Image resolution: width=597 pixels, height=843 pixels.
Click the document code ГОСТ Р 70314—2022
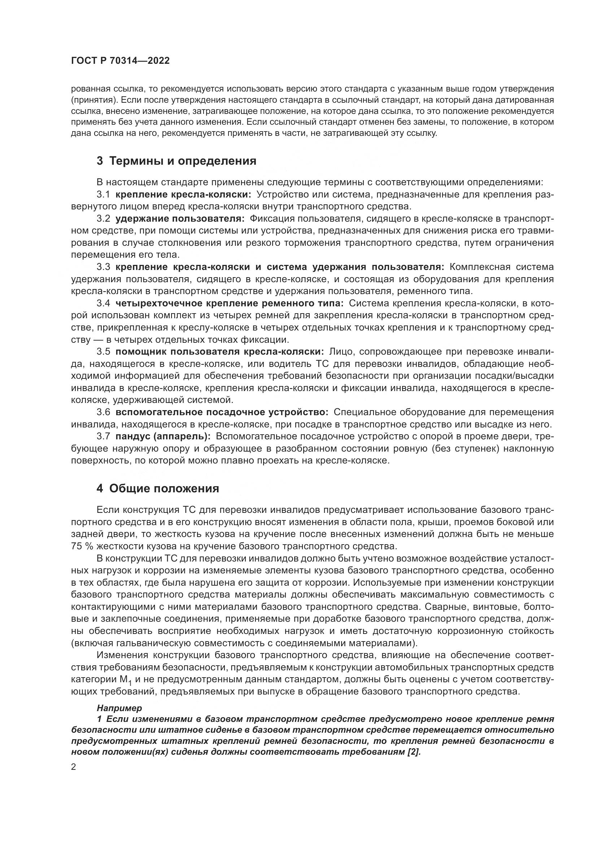120,61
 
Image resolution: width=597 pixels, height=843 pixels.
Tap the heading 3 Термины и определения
177,161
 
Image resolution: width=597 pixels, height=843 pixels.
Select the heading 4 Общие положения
158,488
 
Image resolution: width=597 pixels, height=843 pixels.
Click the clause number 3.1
103,194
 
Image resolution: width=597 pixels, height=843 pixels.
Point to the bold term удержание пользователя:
180,218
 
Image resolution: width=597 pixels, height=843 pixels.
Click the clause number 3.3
103,267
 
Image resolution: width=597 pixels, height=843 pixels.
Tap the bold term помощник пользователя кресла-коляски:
219,352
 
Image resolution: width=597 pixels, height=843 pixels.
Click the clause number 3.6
103,412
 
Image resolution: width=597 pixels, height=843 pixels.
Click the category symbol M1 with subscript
125,680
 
